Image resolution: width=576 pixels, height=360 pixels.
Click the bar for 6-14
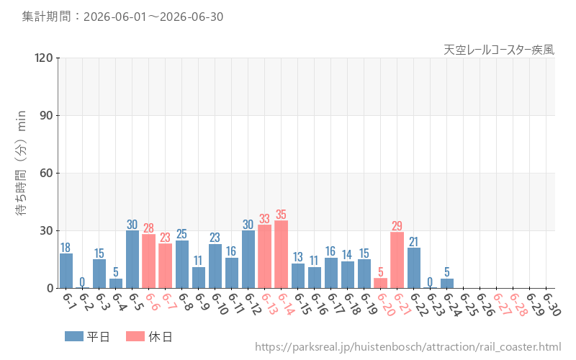click(281, 255)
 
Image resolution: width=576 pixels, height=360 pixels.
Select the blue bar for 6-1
click(66, 271)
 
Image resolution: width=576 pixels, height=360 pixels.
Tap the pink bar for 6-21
click(397, 260)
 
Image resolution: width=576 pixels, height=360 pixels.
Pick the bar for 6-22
click(413, 268)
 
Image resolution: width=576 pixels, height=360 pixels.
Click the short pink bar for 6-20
click(381, 283)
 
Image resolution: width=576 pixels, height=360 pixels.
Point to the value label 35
click(281, 214)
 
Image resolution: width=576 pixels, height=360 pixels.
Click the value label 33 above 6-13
click(264, 219)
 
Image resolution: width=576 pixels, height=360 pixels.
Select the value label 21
click(413, 242)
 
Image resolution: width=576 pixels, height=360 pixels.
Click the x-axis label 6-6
click(152, 302)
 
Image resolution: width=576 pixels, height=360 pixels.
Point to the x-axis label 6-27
click(502, 304)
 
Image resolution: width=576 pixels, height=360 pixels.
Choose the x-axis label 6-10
click(220, 304)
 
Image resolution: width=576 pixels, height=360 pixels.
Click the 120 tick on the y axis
click(43, 58)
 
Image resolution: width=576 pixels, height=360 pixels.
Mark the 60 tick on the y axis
click(46, 173)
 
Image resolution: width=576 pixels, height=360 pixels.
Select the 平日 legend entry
click(87, 336)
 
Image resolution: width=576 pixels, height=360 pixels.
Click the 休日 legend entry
click(149, 336)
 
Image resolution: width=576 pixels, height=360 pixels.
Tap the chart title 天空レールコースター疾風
click(499, 50)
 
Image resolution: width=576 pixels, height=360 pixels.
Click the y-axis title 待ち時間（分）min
click(21, 163)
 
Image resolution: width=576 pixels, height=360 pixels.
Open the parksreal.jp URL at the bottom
click(408, 347)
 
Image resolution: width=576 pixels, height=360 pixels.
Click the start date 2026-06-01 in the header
click(115, 17)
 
